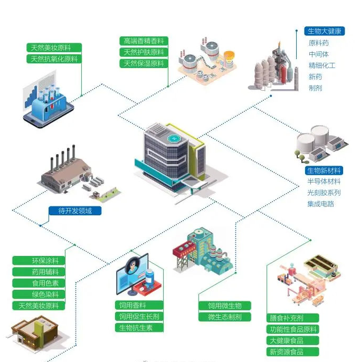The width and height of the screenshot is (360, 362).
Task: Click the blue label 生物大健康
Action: (x=324, y=31)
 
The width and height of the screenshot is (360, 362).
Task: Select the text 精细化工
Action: (x=322, y=65)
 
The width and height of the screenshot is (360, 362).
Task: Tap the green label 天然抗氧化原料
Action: (x=54, y=59)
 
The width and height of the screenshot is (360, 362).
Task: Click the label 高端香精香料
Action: (x=144, y=41)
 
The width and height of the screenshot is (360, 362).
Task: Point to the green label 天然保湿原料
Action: (x=144, y=63)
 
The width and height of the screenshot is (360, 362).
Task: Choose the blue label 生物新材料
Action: (x=324, y=170)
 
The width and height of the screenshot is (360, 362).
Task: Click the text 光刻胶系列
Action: (x=324, y=193)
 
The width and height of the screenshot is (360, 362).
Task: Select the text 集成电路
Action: (x=320, y=204)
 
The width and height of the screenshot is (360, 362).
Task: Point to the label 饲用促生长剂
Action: (x=139, y=317)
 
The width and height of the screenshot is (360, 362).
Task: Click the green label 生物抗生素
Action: (x=139, y=328)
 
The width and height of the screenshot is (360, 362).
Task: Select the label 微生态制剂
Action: (x=225, y=317)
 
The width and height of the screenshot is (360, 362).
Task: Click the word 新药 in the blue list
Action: (x=315, y=77)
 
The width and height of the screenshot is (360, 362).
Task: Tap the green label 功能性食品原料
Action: (x=293, y=329)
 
